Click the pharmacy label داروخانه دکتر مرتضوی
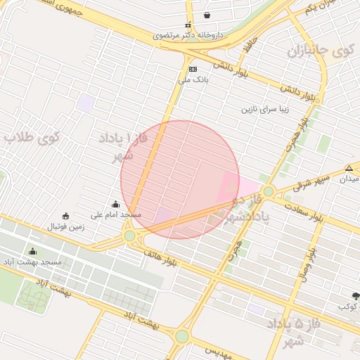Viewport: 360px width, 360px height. click(x=189, y=33)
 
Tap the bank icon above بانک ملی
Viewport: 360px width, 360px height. click(x=193, y=69)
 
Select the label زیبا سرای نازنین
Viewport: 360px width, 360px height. click(x=266, y=110)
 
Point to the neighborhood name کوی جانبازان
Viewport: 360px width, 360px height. click(x=321, y=51)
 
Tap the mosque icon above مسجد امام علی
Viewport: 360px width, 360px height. click(x=116, y=204)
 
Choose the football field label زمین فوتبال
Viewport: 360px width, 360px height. click(x=66, y=226)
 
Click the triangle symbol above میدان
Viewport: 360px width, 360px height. click(x=349, y=168)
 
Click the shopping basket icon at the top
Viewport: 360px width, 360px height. click(x=207, y=15)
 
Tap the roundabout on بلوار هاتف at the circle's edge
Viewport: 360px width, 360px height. click(x=130, y=236)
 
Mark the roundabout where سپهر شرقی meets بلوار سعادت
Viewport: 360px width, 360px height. click(x=267, y=191)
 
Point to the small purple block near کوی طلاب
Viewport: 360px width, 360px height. click(x=86, y=103)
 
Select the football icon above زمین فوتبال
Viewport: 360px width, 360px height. click(x=66, y=216)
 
